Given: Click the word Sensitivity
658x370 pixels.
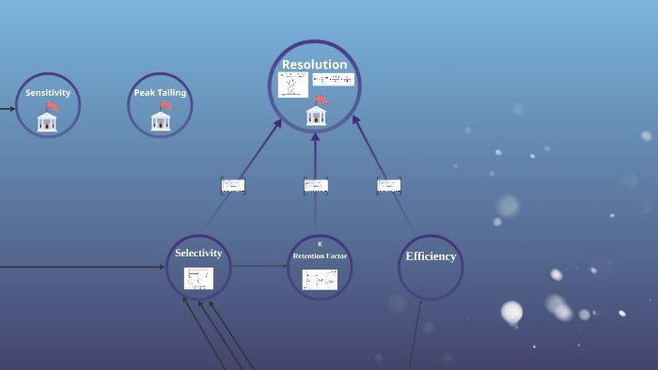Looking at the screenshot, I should point(48,93).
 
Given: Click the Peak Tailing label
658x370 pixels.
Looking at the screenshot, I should point(160,93).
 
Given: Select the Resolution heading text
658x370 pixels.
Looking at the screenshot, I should point(315,65).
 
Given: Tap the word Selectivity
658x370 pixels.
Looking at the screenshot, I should point(198,253).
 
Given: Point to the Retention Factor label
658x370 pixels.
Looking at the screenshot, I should point(320,255).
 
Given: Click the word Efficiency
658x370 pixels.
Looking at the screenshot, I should point(431,256).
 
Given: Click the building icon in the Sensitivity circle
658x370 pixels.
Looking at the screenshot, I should point(47,122).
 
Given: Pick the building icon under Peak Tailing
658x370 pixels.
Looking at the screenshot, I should point(161,121).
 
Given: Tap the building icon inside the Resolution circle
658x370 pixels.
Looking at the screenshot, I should point(316,116).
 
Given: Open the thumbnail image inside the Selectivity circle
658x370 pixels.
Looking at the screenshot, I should point(198,278).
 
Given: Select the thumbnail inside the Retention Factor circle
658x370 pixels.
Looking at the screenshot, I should point(320,279).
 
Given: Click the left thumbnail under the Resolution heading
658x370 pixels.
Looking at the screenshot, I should point(293,85).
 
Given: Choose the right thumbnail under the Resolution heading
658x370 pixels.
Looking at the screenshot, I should point(334,80).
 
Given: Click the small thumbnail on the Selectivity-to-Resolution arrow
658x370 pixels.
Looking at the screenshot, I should point(233,185).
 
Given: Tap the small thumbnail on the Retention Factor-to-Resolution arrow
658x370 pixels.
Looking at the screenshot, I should point(316,185).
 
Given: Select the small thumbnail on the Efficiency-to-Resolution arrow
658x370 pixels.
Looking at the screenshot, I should point(389,185).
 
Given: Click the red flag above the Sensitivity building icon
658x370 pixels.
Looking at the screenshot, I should point(53,106).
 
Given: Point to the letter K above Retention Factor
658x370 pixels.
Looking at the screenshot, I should point(320,244).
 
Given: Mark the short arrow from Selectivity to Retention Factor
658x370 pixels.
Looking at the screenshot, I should point(259,267).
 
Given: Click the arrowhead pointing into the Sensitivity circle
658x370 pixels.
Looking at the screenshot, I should point(12,109).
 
